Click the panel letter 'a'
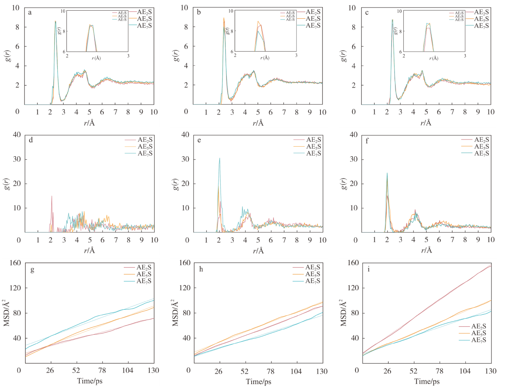30,12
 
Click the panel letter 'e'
199,140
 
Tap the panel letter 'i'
369,269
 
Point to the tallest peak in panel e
219,158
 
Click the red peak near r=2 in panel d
52,196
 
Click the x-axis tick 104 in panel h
296,371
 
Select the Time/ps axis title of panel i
427,381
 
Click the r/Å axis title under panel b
258,123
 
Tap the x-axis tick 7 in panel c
452,112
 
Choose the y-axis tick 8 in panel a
18,27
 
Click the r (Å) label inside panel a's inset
96,58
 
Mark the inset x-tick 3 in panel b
296,56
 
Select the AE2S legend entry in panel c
481,12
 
